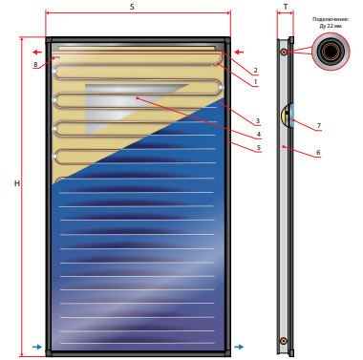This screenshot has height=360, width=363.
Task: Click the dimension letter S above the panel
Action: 132,7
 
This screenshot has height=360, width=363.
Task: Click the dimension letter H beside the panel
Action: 17,183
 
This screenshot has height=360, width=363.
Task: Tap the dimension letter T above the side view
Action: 286,7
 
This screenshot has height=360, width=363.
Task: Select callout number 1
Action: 255,82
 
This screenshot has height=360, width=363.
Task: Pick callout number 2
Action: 255,70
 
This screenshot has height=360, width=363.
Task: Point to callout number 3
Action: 258,121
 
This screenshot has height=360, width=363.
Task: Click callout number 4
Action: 259,135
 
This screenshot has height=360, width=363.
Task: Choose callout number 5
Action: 259,147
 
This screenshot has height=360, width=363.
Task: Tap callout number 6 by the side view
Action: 318,153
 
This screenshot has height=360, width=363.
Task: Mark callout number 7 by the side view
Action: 319,126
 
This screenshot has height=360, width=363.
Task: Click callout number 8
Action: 35,64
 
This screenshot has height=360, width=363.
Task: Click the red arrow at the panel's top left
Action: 37,53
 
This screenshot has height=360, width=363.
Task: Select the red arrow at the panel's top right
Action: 239,53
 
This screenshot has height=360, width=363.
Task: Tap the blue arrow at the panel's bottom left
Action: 37,347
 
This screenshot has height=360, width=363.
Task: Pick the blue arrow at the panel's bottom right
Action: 239,347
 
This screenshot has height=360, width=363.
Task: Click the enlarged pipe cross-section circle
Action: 331,51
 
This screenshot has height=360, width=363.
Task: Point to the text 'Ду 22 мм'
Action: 331,26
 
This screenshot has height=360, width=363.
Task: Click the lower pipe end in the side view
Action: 283,341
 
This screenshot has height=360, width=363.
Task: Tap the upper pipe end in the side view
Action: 283,52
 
